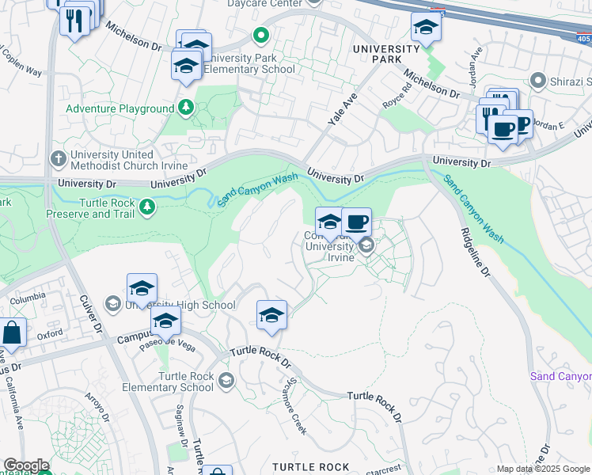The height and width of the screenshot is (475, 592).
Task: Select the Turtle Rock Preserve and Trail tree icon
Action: coord(146,207)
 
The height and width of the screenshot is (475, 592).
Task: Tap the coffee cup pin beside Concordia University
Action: coord(356,222)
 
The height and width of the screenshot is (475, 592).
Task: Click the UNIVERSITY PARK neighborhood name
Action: coord(385,55)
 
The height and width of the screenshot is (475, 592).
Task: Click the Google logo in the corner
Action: coord(25,465)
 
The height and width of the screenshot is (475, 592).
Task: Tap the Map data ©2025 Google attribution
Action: coord(543,469)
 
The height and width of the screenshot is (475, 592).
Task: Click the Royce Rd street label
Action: coord(395,94)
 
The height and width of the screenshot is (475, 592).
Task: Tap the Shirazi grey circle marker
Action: coord(538,81)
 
